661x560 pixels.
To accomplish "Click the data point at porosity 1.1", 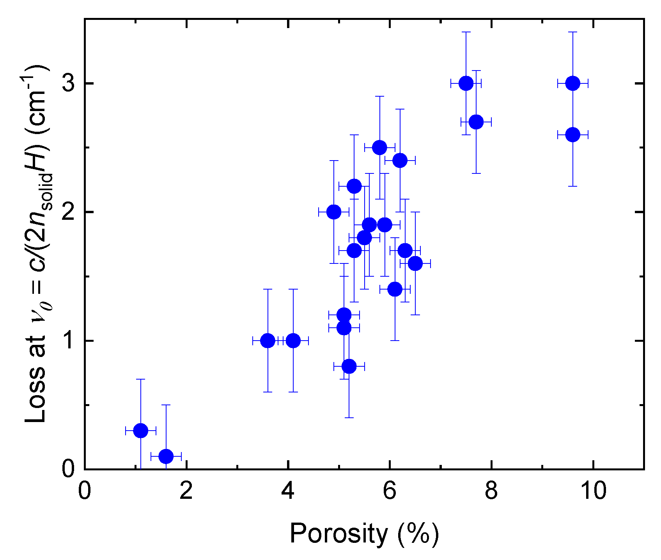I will click(140, 431).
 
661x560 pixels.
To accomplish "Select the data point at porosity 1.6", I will click(166, 456).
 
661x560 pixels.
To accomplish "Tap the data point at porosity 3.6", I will click(268, 341).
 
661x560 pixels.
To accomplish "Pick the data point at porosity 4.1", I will click(293, 341).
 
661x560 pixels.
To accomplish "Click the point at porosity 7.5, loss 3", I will click(466, 83).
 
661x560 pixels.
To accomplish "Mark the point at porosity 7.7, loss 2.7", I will click(476, 122).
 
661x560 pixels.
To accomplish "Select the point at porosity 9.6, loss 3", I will click(572, 83).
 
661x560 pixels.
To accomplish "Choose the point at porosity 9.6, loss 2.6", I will click(572, 134).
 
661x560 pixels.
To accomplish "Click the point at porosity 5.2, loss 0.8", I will click(349, 366).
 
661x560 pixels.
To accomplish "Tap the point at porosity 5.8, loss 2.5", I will click(379, 147).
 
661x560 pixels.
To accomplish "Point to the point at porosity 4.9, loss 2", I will click(334, 212).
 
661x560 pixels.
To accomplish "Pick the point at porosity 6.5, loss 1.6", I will click(415, 263).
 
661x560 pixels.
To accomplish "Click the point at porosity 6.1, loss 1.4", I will click(395, 289).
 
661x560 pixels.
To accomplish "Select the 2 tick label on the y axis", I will click(69, 212).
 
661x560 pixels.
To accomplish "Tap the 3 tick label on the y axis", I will click(69, 83).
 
